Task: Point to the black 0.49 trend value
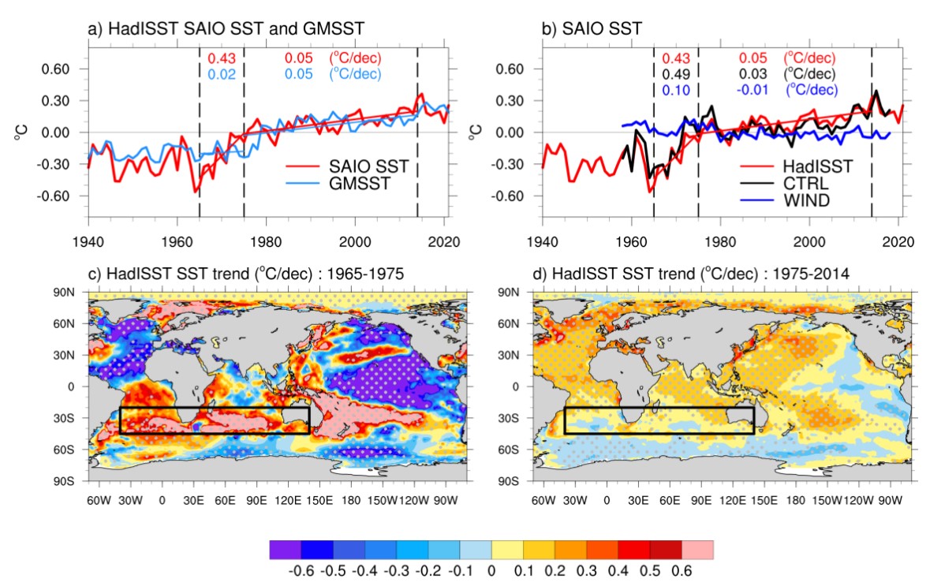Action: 675,74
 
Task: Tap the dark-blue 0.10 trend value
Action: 675,90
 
